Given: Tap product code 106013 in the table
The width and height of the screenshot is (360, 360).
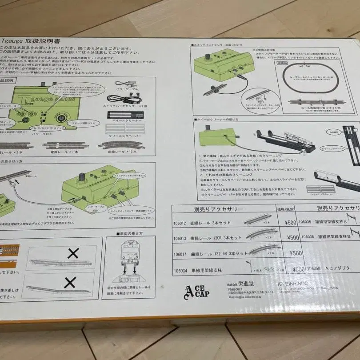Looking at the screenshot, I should (181, 238).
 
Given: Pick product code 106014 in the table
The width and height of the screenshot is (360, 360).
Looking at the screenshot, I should (181, 254).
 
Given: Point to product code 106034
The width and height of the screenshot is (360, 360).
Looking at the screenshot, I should (181, 270).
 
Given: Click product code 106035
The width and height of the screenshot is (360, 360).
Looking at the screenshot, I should (305, 221).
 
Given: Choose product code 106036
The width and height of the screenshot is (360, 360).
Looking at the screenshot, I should (305, 237).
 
